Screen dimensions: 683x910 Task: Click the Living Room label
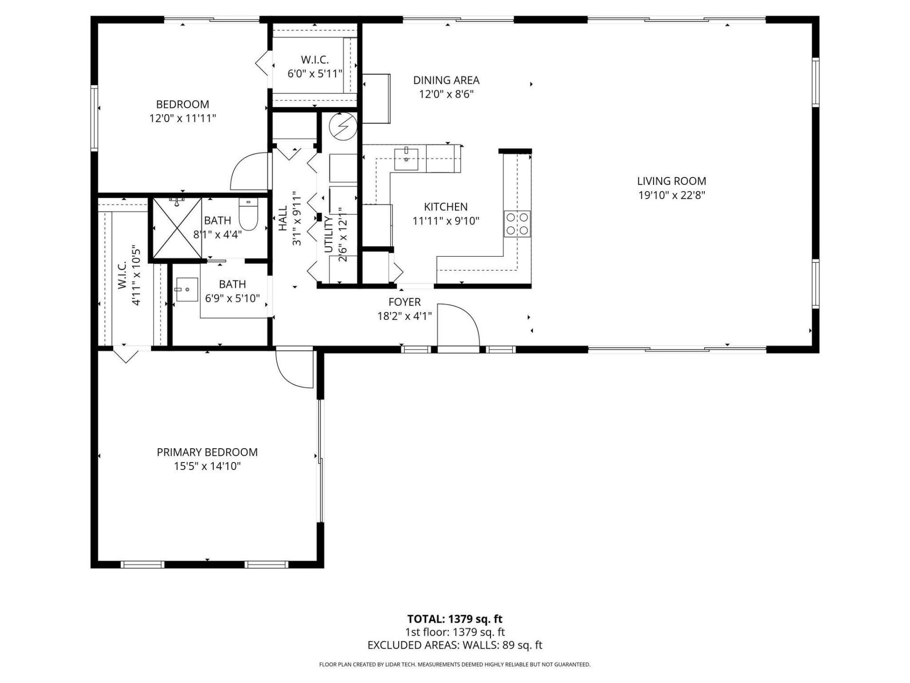coord(671,181)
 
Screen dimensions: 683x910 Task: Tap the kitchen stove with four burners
coord(517,224)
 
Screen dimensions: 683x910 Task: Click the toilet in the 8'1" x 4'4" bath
coord(248,214)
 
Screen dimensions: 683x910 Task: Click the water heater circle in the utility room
coord(343,126)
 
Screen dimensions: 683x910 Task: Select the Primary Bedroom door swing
coord(294,369)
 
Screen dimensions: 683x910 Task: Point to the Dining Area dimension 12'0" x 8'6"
coord(446,94)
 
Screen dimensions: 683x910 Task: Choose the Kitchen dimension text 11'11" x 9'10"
coord(446,221)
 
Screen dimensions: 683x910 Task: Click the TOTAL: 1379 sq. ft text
coord(455,619)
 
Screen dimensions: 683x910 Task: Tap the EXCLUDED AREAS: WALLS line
coord(455,645)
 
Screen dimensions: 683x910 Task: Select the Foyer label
coord(404,302)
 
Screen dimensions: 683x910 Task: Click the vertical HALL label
coord(283,218)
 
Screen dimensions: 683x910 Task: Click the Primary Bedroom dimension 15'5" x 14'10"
coord(207,466)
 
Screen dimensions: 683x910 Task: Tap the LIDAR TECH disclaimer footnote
coord(455,665)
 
